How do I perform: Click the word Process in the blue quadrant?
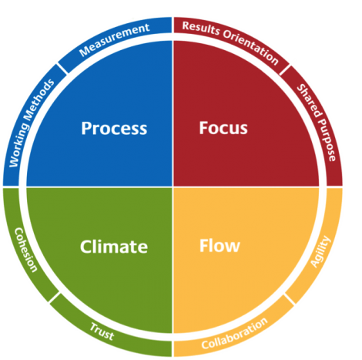(114, 128)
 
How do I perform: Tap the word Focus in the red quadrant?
(223, 128)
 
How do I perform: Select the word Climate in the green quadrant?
(114, 247)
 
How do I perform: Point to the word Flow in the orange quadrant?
(220, 245)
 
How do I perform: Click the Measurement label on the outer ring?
(114, 39)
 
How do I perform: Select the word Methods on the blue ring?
(41, 98)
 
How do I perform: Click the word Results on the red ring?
(201, 29)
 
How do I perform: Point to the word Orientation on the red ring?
(250, 47)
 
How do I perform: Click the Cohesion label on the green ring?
(25, 250)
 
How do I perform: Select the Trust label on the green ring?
(102, 331)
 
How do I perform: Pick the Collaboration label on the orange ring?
(234, 333)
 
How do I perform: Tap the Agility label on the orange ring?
(320, 252)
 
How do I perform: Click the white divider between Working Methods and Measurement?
(62, 69)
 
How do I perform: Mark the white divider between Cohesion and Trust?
(55, 298)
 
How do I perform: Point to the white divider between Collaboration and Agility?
(290, 299)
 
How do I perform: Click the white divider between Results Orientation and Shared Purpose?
(285, 70)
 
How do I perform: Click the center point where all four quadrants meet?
(173, 187)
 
